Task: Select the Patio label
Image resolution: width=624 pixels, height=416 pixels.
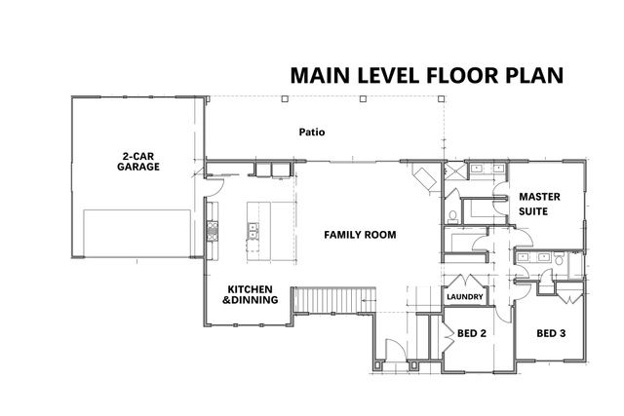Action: [311, 132]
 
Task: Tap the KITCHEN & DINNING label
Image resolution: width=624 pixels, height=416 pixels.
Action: [252, 295]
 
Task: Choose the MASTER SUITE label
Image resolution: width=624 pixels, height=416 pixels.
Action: [538, 202]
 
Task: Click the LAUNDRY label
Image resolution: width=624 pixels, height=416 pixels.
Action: [464, 298]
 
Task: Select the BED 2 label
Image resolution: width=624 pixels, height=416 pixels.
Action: [471, 333]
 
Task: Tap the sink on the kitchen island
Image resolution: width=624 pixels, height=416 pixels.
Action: [253, 231]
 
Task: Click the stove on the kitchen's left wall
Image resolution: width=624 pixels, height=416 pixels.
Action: [211, 232]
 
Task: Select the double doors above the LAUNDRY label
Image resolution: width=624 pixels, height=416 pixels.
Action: [464, 281]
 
